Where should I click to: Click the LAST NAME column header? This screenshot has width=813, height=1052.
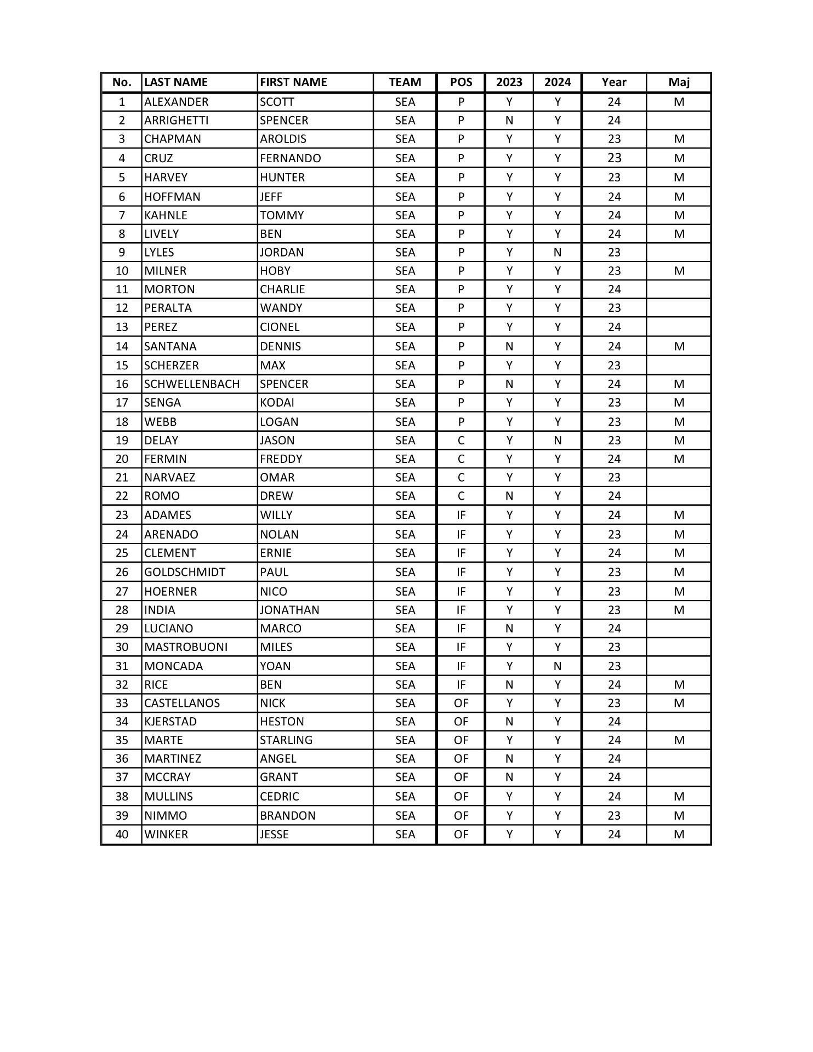pyautogui.click(x=176, y=82)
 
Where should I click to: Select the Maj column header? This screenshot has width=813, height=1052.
pyautogui.click(x=679, y=82)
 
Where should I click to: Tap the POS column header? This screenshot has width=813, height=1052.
pyautogui.click(x=460, y=82)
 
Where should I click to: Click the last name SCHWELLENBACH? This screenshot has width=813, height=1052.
pyautogui.click(x=192, y=384)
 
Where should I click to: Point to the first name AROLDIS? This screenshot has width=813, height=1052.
pyautogui.click(x=283, y=139)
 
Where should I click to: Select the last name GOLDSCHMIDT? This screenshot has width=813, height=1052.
pyautogui.click(x=185, y=572)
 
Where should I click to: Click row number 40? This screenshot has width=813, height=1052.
pyautogui.click(x=122, y=834)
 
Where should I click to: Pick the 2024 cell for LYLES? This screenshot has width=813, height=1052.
pyautogui.click(x=557, y=253)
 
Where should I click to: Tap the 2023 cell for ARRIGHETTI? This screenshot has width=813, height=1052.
pyautogui.click(x=509, y=121)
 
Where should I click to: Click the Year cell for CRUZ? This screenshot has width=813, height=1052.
pyautogui.click(x=614, y=158)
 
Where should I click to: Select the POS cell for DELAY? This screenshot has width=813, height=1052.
pyautogui.click(x=460, y=441)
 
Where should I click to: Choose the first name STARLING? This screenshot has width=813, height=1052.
pyautogui.click(x=286, y=740)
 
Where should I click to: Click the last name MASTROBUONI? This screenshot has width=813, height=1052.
pyautogui.click(x=186, y=647)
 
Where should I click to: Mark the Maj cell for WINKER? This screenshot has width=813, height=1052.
pyautogui.click(x=679, y=834)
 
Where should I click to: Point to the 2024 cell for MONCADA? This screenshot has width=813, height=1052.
pyautogui.click(x=557, y=666)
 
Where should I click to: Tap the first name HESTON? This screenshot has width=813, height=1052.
pyautogui.click(x=282, y=722)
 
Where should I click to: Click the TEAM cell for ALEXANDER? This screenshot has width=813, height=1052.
pyautogui.click(x=405, y=102)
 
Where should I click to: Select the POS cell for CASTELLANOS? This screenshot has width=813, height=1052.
pyautogui.click(x=460, y=703)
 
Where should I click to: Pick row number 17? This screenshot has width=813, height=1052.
pyautogui.click(x=122, y=403)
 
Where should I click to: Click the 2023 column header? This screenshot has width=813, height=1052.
pyautogui.click(x=509, y=82)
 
